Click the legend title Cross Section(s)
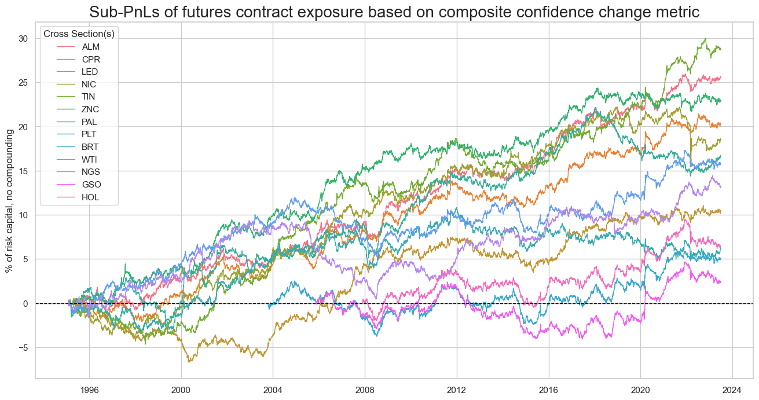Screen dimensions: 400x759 coord(79,34)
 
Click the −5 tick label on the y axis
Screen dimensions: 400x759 coord(24,348)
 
